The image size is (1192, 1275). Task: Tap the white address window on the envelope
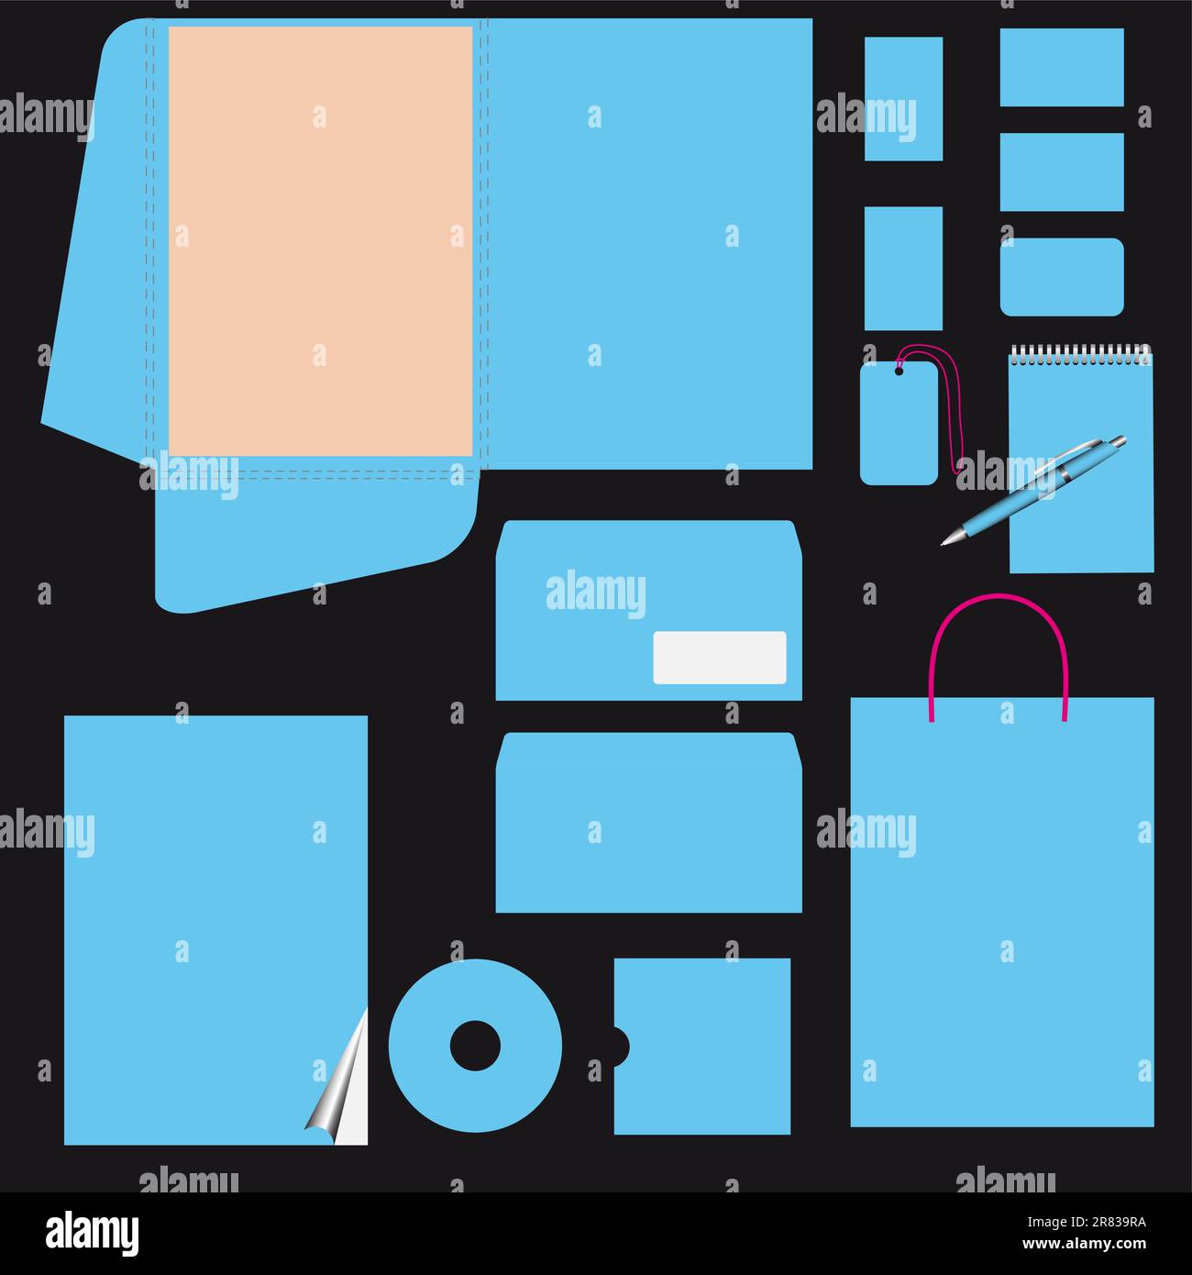(719, 657)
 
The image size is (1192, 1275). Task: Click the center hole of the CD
(475, 1045)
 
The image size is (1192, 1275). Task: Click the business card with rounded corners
(1061, 277)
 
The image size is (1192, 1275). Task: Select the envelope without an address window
(648, 823)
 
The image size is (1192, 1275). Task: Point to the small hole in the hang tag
(899, 371)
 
